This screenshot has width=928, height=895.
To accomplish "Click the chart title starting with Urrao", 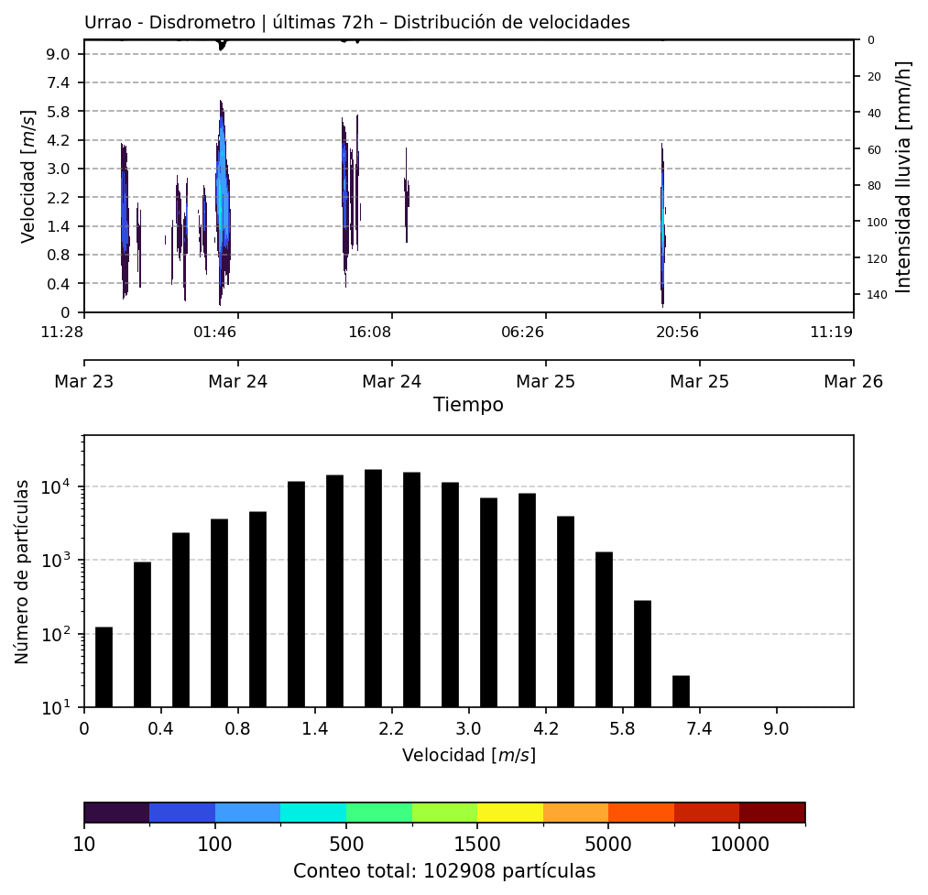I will point(356,23).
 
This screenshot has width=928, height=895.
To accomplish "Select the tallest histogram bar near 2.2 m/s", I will point(373,588).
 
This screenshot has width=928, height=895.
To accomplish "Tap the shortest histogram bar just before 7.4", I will point(681,692).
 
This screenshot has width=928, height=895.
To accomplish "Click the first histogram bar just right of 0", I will point(104,667).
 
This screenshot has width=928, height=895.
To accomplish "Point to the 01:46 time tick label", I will point(214,332).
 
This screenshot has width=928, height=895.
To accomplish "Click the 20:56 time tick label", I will point(677,332).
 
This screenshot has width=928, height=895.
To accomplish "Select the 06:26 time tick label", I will point(522,332).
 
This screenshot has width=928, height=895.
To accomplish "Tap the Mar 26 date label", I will point(853,382).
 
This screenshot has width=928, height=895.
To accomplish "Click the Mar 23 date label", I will point(84,382).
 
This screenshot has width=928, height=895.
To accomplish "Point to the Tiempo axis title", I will point(468,405).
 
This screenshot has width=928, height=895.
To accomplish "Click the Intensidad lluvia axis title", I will point(904,177).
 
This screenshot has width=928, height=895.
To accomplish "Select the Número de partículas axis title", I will point(23,571).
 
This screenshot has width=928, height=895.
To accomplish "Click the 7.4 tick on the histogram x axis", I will point(700,731).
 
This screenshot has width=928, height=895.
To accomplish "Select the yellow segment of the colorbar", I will point(510,813).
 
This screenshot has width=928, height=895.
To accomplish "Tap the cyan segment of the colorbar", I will point(313,813).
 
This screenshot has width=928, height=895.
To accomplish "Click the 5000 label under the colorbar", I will point(608,843).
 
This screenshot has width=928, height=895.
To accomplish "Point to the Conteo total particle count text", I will point(444,871).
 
